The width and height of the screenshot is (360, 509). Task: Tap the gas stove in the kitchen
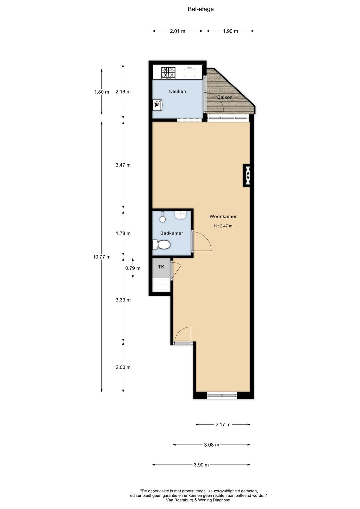pyautogui.click(x=168, y=72)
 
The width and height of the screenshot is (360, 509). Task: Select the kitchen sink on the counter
pyautogui.click(x=189, y=72)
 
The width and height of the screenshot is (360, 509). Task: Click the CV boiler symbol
pyautogui.click(x=157, y=105)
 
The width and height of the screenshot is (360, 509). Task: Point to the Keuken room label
pyautogui.click(x=177, y=91)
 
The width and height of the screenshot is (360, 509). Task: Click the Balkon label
pyautogui.click(x=225, y=97)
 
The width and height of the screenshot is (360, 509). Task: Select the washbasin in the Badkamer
pyautogui.click(x=181, y=215)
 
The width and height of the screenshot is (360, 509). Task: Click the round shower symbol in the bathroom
pyautogui.click(x=162, y=219)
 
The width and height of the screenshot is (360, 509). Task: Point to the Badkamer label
pyautogui.click(x=172, y=233)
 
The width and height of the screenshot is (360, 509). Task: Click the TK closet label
pyautogui.click(x=161, y=267)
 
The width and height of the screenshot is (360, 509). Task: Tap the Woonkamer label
pyautogui.click(x=223, y=217)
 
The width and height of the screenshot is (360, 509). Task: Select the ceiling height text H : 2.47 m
pyautogui.click(x=223, y=226)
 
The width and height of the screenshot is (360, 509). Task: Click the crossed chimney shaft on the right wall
pyautogui.click(x=247, y=176)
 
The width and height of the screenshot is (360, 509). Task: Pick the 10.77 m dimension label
pyautogui.click(x=102, y=257)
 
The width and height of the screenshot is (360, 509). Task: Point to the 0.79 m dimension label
pyautogui.click(x=133, y=268)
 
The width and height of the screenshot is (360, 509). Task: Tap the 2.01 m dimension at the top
pyautogui.click(x=177, y=31)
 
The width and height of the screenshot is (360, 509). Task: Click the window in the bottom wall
pyautogui.click(x=222, y=395)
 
